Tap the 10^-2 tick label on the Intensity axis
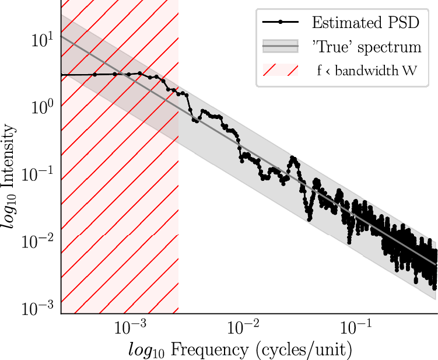39,240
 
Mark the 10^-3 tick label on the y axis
39,307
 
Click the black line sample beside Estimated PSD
281,22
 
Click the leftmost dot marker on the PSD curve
95,75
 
